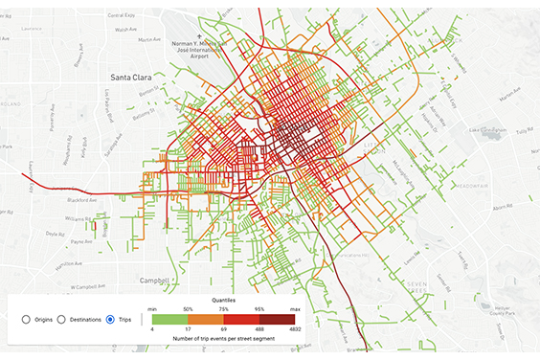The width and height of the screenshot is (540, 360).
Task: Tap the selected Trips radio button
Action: (x=111, y=319)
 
